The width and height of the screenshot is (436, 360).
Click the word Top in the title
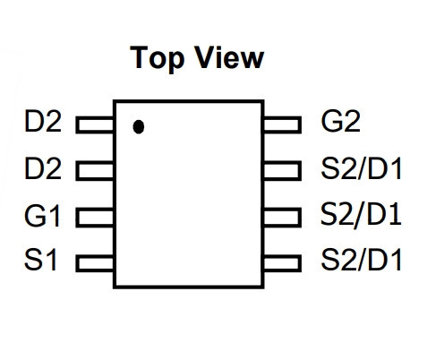[158, 59]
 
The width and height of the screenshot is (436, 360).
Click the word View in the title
[229, 58]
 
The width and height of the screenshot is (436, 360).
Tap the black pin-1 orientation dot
[139, 127]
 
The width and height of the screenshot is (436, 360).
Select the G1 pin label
[43, 216]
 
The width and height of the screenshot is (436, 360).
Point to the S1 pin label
[40, 260]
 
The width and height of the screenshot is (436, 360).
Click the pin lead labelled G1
[95, 218]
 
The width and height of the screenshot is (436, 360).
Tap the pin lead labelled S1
[95, 263]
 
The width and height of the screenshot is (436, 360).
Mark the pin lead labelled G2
[282, 124]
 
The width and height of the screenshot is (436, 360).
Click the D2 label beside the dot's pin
[43, 121]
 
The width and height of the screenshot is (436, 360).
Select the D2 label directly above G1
[43, 168]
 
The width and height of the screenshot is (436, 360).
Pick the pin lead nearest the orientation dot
[95, 124]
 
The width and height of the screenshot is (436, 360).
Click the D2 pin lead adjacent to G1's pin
[95, 171]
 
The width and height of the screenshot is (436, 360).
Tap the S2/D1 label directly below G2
[361, 169]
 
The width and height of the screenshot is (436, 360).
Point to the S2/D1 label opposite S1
[361, 260]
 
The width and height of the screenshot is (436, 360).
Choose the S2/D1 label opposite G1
[361, 214]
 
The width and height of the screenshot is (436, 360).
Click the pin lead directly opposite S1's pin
[282, 263]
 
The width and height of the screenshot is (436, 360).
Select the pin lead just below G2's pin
[282, 171]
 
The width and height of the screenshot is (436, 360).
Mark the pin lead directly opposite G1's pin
[282, 217]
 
